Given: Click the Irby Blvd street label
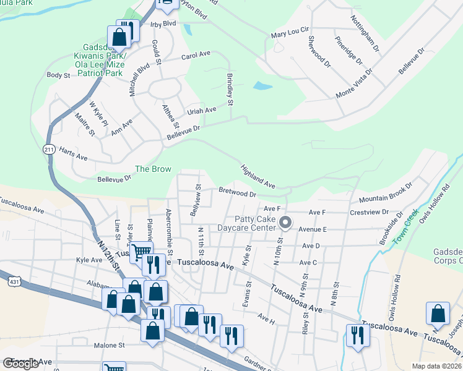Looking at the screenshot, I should tap(163, 23).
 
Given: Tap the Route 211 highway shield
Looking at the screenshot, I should tap(50, 150).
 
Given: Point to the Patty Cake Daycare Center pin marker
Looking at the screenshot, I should tap(285, 221).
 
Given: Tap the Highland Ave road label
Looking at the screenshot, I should tap(257, 176).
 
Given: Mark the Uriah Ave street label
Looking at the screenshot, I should tap(202, 109).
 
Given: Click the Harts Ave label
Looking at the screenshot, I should tap(73, 151).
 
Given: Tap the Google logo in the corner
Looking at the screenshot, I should tap(20, 364).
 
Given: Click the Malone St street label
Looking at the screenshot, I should tap(110, 345).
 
